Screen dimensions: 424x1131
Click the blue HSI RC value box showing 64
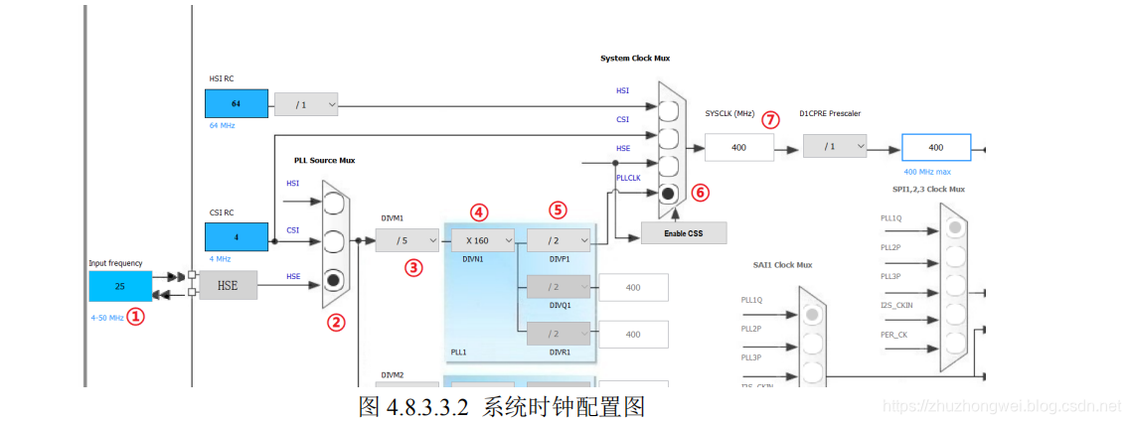tap(236, 103)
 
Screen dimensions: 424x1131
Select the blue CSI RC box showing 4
tap(236, 236)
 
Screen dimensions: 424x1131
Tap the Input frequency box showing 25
tap(120, 286)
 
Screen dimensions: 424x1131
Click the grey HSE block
tap(227, 286)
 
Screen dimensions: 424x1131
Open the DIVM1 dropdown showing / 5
tap(406, 239)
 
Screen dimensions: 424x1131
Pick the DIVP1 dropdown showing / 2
tap(558, 239)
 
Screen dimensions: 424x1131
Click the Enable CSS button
tap(683, 233)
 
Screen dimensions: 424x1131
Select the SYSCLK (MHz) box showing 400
tap(738, 147)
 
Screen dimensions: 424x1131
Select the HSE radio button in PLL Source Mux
tap(335, 278)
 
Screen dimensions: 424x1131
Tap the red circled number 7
tap(771, 119)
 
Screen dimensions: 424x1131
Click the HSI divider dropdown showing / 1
tap(306, 104)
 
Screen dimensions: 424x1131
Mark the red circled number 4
tap(479, 212)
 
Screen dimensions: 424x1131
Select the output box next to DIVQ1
tap(633, 288)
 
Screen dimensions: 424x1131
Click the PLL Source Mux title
tap(324, 160)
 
